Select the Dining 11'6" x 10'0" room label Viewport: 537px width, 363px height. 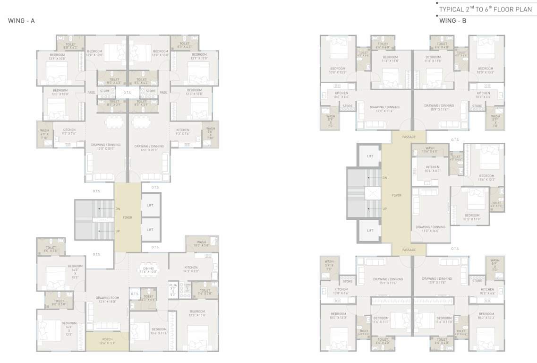coord(148,270)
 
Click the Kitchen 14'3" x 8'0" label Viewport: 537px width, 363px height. coord(191,269)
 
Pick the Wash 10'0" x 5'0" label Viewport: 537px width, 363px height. coord(201,243)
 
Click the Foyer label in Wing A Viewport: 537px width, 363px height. coord(128,217)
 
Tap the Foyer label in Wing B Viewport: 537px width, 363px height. coord(396,195)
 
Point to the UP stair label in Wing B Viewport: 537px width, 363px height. coord(385,208)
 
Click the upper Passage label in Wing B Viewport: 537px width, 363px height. coord(409,137)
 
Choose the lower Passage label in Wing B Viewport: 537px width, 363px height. coord(409,250)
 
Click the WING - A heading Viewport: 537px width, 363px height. coord(21,21)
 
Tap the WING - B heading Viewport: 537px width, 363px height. coord(452,21)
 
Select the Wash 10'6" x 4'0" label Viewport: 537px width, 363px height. coord(430,150)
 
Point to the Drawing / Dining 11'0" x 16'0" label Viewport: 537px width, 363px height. coord(430,229)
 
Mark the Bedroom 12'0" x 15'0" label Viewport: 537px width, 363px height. coord(197,313)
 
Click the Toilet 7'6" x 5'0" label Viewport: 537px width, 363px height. coord(205,292)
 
